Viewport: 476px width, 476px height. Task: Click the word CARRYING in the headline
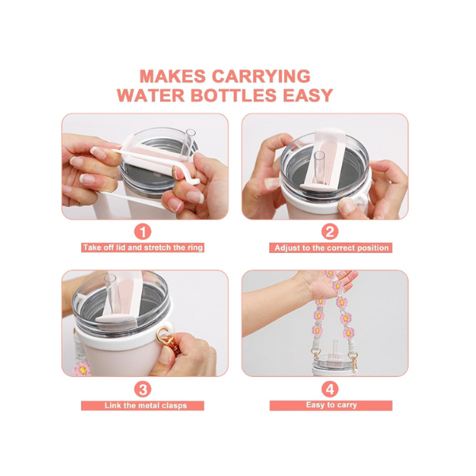261,76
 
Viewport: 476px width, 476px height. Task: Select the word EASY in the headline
308,95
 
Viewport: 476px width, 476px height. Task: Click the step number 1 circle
143,232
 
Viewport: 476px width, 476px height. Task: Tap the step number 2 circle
330,232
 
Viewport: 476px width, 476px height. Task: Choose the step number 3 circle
143,390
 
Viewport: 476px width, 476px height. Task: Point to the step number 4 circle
330,390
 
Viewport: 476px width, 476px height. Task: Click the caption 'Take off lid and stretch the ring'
143,248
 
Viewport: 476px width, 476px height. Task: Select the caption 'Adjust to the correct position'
332,248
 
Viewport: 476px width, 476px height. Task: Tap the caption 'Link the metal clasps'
146,405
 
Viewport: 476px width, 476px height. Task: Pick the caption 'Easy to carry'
332,405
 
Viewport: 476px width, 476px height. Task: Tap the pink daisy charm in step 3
82,368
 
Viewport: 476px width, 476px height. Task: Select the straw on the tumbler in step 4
336,349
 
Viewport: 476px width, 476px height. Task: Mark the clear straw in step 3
111,293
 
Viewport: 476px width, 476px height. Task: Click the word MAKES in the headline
172,76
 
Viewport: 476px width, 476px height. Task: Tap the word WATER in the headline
151,95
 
